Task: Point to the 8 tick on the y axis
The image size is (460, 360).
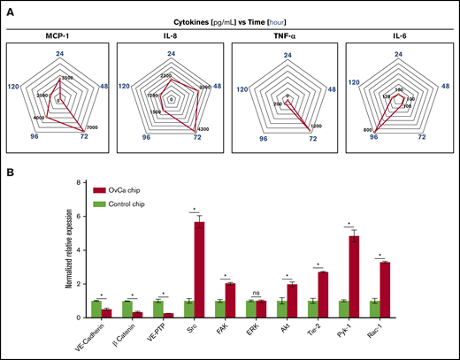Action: pos(80,183)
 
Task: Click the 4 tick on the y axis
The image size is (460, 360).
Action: pos(80,250)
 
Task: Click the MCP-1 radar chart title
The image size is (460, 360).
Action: pos(58,37)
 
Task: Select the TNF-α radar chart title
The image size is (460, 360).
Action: pos(287,37)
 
